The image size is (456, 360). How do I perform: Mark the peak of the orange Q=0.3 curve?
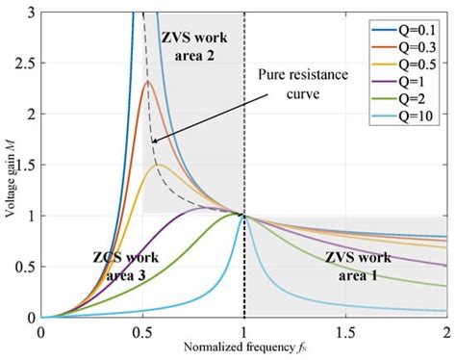pyautogui.click(x=147, y=82)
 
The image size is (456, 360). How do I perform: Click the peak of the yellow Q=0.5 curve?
pyautogui.click(x=158, y=165)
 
